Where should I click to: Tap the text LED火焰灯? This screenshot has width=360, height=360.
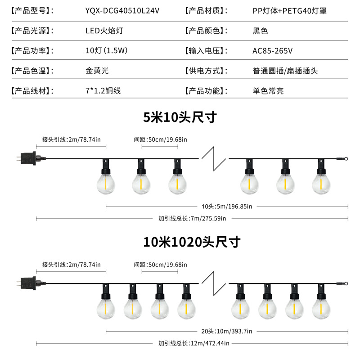[x=104, y=31]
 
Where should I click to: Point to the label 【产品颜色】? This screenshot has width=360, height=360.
[x=204, y=31]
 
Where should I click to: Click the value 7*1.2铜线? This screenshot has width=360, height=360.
[x=103, y=90]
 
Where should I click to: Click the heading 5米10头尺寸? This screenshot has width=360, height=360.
[x=180, y=117]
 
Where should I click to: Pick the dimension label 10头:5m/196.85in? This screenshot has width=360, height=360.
[x=227, y=207]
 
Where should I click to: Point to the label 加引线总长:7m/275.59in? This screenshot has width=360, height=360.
[x=192, y=219]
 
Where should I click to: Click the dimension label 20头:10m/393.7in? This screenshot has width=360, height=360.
[x=227, y=331]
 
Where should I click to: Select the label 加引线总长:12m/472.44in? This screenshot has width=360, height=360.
[x=193, y=343]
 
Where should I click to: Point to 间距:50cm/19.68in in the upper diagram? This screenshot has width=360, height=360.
[x=160, y=139]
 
